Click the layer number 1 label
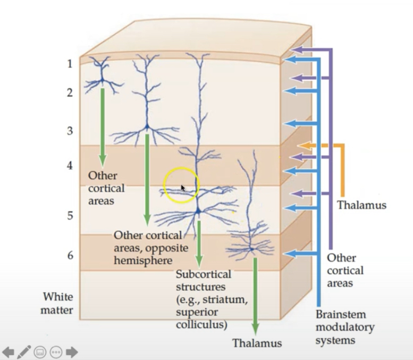[69, 64]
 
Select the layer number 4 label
[69, 165]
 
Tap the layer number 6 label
[70, 255]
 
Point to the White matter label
[58, 303]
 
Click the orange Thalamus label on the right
[361, 204]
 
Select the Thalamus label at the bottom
[257, 342]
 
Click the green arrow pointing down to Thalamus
[255, 297]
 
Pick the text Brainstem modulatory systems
[344, 327]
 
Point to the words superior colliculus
[202, 318]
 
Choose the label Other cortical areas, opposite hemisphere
[147, 247]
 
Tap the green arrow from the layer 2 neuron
[102, 127]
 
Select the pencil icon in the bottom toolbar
[24, 352]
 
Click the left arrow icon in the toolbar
[8, 352]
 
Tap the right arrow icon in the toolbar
[72, 352]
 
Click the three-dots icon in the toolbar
[56, 352]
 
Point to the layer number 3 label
[69, 131]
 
